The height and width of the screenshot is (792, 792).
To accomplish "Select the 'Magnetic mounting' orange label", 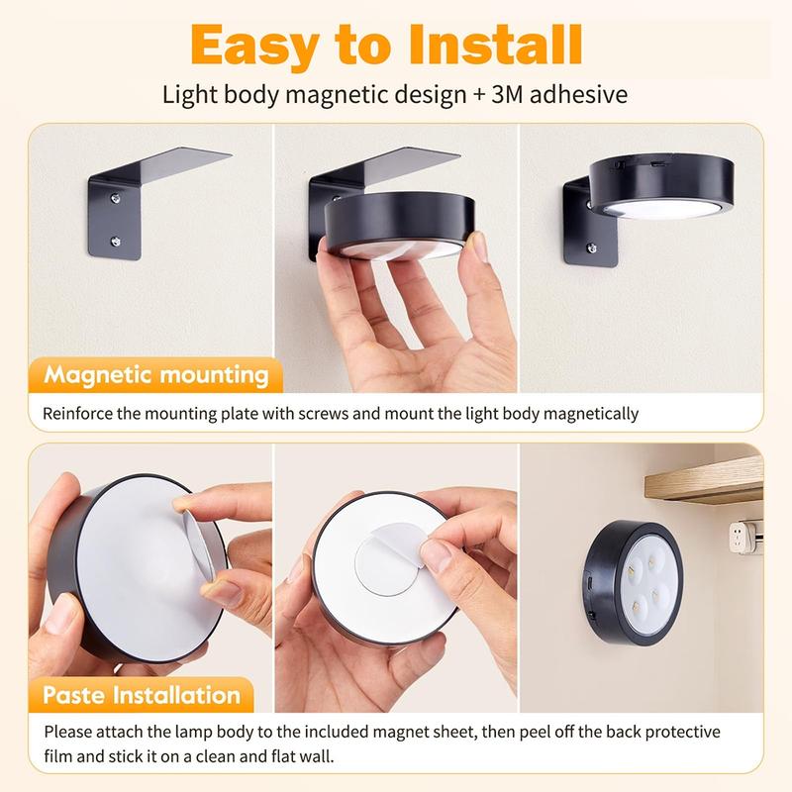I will click(156, 376).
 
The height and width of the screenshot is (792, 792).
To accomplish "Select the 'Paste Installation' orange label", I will click(142, 694).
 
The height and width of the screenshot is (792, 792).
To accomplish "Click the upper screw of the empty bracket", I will click(118, 199).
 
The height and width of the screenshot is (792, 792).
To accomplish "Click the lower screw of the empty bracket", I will click(118, 241).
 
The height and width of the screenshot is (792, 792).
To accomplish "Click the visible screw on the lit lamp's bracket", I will click(590, 248).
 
